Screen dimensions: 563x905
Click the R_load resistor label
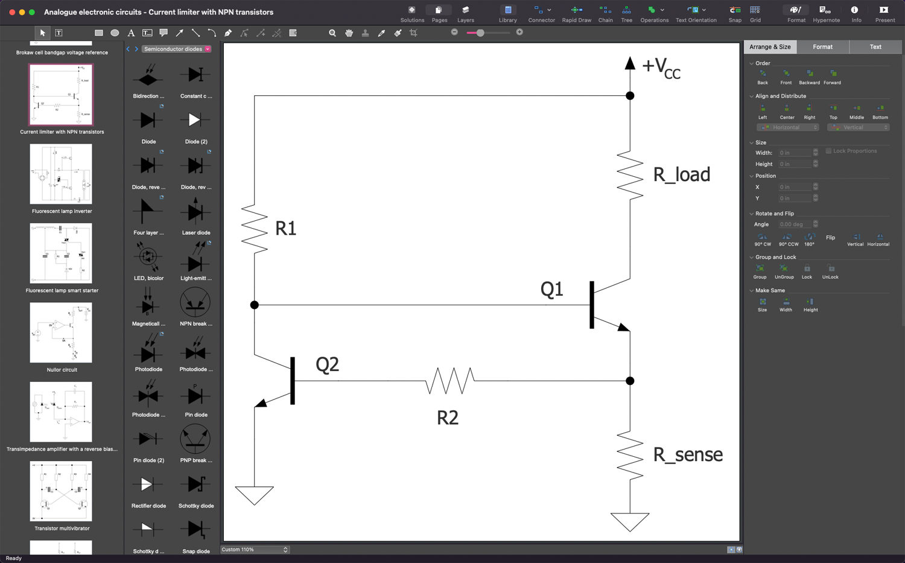[681, 175]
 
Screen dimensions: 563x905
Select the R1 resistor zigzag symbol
[255, 228]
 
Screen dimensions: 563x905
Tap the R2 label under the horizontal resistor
[448, 418]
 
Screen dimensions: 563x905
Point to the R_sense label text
[688, 455]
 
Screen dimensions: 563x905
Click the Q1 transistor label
[551, 290]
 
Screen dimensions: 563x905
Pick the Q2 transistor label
[327, 365]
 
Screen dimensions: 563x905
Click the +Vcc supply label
[661, 68]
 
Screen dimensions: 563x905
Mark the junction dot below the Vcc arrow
[630, 95]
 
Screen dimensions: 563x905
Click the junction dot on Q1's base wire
[255, 305]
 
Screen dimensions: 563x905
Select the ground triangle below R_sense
[630, 521]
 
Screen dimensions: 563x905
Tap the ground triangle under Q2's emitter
[255, 494]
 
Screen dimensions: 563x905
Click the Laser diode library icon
[195, 212]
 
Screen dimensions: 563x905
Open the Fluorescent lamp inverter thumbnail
[61, 174]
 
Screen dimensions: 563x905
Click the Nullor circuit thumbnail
[61, 332]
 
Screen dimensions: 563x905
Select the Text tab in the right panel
[875, 47]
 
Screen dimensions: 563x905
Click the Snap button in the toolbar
[735, 13]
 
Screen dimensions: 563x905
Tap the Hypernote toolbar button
[826, 13]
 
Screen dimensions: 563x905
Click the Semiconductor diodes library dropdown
[177, 49]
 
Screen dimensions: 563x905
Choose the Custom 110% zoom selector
[255, 550]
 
